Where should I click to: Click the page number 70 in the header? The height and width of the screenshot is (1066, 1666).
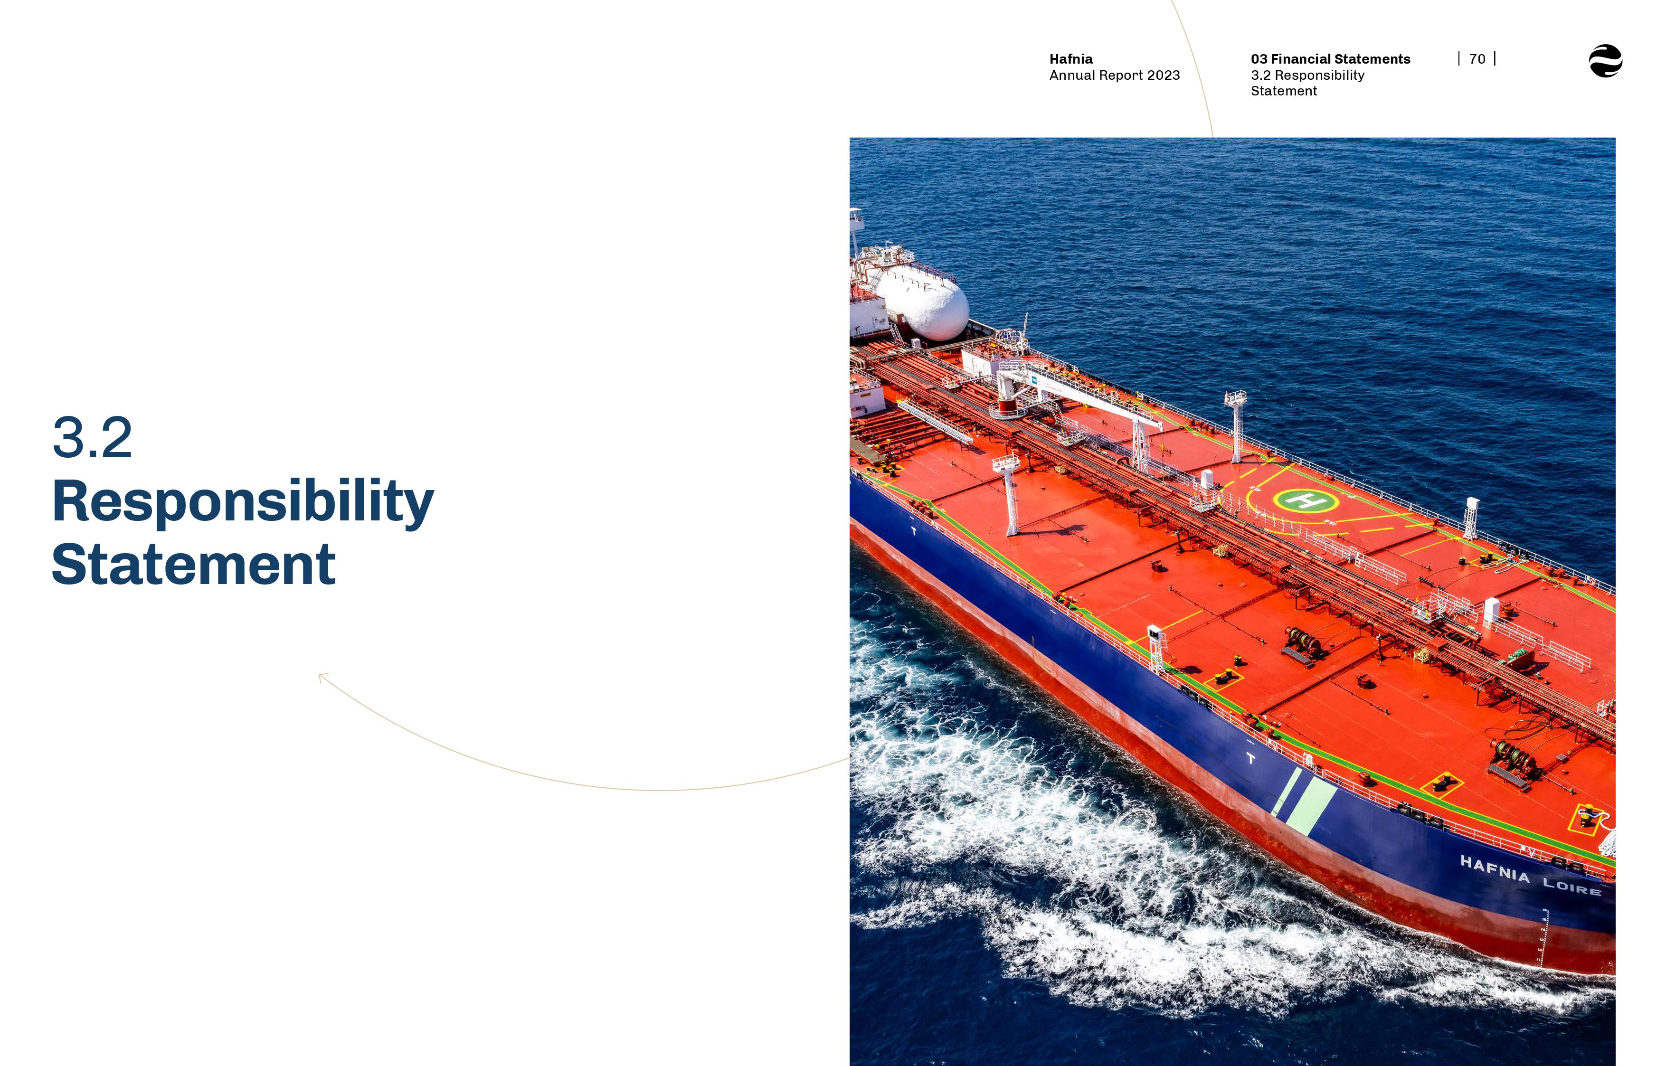click(1477, 59)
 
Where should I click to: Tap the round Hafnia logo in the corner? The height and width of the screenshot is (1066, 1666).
click(1606, 61)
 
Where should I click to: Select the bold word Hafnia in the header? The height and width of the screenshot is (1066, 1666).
click(1071, 59)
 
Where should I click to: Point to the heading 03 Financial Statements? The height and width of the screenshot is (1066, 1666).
click(1330, 59)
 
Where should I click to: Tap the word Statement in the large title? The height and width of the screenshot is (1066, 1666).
click(194, 564)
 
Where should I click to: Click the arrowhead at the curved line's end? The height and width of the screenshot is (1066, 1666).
click(322, 677)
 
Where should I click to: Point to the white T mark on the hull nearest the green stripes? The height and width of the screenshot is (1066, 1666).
click(1251, 759)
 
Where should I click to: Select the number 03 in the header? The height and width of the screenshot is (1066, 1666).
click(1259, 59)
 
